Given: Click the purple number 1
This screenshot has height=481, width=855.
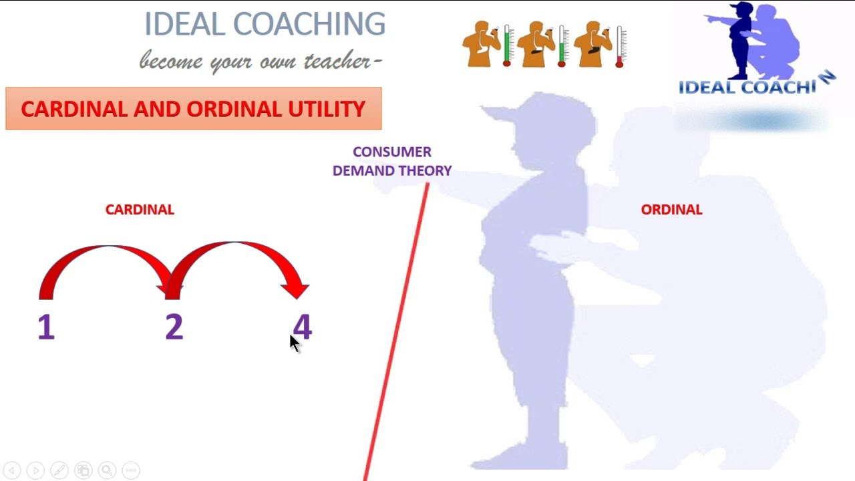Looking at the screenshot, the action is [x=46, y=327].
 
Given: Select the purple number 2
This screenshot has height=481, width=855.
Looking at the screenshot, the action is [x=174, y=327].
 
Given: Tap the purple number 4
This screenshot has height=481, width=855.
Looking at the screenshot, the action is [x=303, y=327].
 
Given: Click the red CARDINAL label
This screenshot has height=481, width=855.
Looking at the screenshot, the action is [x=140, y=210].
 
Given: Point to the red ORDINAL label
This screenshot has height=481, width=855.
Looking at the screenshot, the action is [x=671, y=210].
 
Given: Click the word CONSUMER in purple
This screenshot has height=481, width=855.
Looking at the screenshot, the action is [x=392, y=152].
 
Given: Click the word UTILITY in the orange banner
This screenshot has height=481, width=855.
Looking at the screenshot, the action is [x=327, y=109].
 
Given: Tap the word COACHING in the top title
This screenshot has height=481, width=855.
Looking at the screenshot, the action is [x=309, y=23].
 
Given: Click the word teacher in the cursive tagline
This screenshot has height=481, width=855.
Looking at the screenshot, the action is [x=338, y=60].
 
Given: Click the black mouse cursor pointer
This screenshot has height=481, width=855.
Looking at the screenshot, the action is [x=295, y=344].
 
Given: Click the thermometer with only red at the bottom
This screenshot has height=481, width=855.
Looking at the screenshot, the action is [x=619, y=47].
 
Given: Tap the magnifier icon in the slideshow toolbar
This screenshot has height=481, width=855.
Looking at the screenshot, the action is [x=108, y=470].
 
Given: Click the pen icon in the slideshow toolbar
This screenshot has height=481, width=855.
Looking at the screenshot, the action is [x=59, y=470].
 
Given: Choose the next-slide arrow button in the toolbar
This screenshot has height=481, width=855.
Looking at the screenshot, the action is [x=36, y=470].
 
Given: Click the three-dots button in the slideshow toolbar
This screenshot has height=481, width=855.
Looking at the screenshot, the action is [x=131, y=470].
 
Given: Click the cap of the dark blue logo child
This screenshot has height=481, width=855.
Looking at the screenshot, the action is [x=741, y=7].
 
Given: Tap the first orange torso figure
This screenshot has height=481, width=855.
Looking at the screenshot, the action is [x=481, y=44].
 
